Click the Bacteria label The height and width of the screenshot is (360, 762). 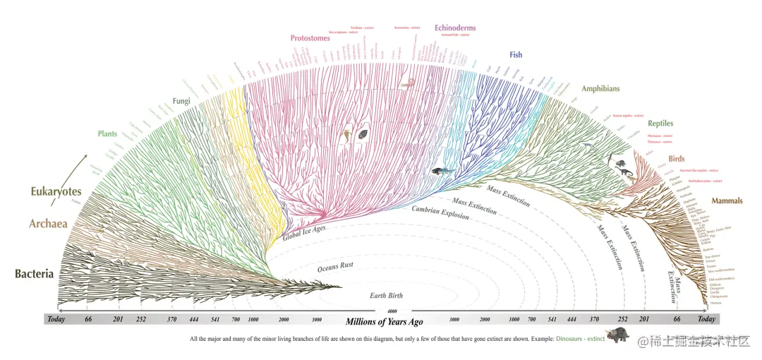pos(34,273)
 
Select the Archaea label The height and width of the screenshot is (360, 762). pos(48,224)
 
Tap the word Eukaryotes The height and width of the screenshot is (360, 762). pos(56,191)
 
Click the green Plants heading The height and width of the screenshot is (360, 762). pos(107,133)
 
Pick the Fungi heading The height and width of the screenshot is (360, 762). pos(182,102)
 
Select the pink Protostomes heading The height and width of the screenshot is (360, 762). pos(310,38)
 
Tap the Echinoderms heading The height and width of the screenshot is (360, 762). pos(455,28)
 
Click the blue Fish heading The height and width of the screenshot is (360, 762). pos(516,54)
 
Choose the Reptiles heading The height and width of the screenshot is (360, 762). pos(660,124)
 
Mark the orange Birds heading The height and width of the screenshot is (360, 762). pos(677,159)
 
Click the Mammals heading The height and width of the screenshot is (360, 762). pos(727,201)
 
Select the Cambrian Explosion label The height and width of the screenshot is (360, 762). pos(441,211)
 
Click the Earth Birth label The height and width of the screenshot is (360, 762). pos(386,295)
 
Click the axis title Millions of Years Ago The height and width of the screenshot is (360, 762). pos(384,322)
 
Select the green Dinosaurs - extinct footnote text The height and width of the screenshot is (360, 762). pos(580,340)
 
